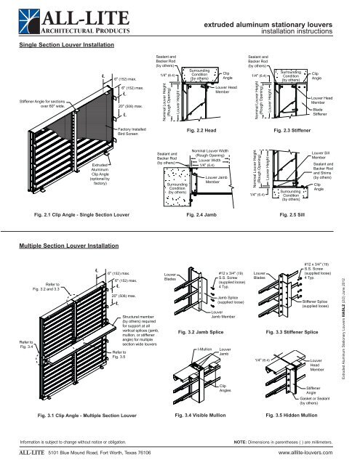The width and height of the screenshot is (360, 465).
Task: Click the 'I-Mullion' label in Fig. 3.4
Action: (x=204, y=350)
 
